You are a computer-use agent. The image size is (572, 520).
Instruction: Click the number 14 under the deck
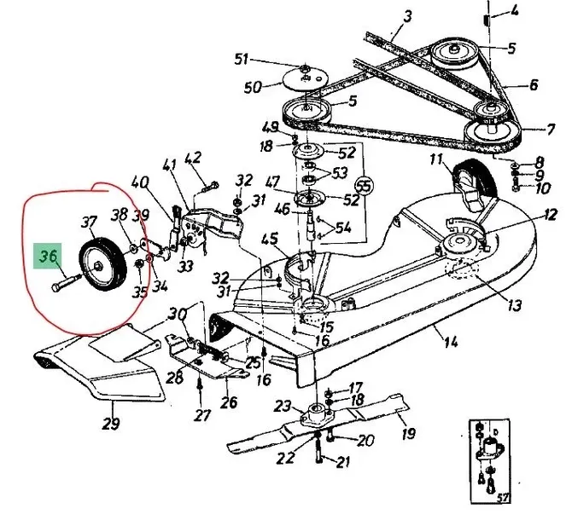coord(450,343)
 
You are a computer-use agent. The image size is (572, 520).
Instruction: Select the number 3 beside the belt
coord(407,15)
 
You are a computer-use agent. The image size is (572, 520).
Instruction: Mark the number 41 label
coord(169,165)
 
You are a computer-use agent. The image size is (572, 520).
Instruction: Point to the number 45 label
coord(271,240)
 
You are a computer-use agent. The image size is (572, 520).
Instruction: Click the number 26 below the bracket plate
coord(230,402)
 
